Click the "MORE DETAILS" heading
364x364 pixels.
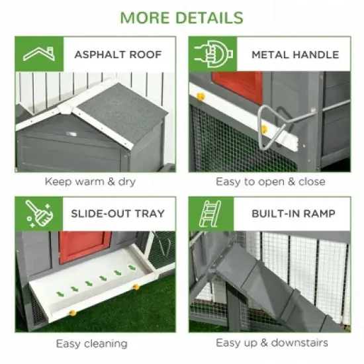coord(181,17)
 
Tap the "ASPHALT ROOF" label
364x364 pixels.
coord(118,54)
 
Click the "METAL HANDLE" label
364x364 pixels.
coord(295,54)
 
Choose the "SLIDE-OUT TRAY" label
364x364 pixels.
coord(118,214)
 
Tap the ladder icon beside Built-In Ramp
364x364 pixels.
coord(211,214)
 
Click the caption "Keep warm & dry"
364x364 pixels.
coord(90,181)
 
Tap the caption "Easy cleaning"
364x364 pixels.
coord(91,343)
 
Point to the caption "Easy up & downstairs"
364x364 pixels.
coord(271,343)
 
